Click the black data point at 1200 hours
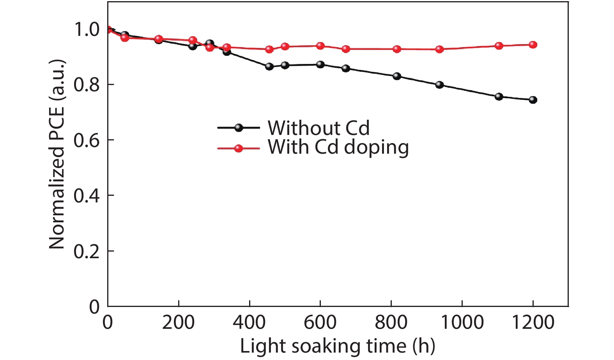(533, 100)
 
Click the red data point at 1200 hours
(533, 45)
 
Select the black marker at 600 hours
(320, 64)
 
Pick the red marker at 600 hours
(320, 46)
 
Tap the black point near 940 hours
(439, 85)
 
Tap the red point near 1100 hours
(499, 46)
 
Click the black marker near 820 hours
(397, 76)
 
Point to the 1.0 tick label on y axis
(87, 29)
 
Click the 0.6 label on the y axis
(87, 140)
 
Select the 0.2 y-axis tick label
(87, 252)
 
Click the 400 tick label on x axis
(249, 323)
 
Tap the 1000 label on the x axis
(462, 323)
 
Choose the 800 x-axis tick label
(391, 323)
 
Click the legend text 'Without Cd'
(319, 128)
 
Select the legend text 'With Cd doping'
(338, 147)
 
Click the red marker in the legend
(239, 148)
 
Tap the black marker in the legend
(239, 128)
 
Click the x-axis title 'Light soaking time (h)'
(337, 346)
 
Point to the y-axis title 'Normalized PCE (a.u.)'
(57, 154)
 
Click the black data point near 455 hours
(269, 66)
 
